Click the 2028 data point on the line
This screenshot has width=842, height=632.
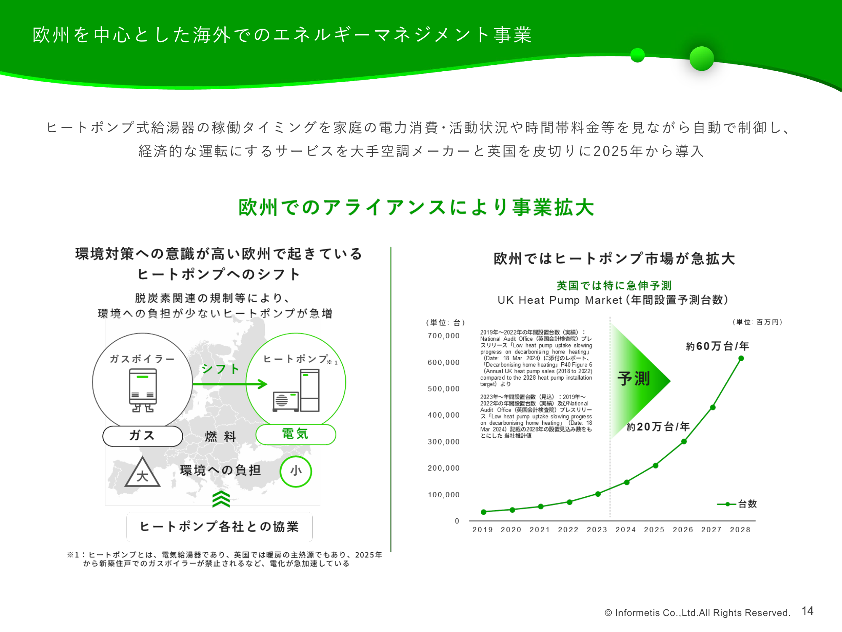coord(741,359)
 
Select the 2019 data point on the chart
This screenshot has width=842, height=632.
coord(484,512)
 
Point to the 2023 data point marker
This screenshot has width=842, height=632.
coord(598,494)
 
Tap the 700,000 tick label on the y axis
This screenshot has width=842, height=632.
coord(444,336)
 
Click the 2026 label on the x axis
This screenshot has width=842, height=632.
coord(683,530)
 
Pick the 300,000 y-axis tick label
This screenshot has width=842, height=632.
coord(444,442)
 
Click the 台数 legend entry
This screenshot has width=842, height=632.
coord(737,504)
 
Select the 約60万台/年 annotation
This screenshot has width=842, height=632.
coord(717,346)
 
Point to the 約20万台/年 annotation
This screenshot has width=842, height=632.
coord(658,427)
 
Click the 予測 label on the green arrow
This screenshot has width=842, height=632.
coord(634,378)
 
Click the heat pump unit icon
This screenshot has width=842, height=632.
coord(296,390)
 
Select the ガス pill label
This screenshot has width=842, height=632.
coord(143,436)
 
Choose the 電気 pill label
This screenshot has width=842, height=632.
coord(296,434)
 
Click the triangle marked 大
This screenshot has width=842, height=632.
coord(142,473)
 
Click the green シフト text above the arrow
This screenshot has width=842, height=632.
coord(220,369)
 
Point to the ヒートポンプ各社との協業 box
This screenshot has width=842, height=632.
coord(219,527)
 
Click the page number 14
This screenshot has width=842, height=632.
coord(807,611)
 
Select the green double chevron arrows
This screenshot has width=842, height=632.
coord(221,499)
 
